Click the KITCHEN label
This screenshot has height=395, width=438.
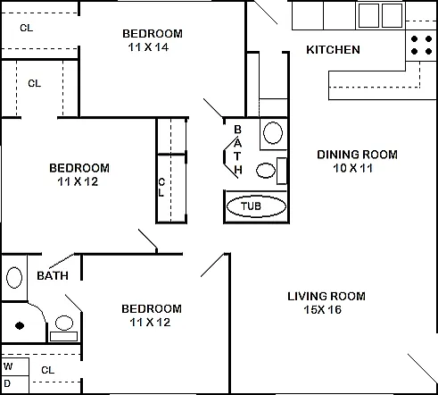pyautogui.click(x=333, y=50)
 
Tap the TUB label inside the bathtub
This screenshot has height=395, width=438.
pyautogui.click(x=251, y=206)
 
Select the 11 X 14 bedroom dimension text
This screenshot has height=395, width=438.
pyautogui.click(x=148, y=47)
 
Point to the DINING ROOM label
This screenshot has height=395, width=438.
pyautogui.click(x=357, y=155)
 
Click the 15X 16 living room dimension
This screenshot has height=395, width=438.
pyautogui.click(x=323, y=309)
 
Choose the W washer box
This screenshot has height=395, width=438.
pyautogui.click(x=15, y=366)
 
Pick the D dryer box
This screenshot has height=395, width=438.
pyautogui.click(x=15, y=384)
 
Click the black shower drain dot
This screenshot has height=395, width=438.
pyautogui.click(x=20, y=325)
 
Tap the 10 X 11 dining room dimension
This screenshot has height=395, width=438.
pyautogui.click(x=352, y=168)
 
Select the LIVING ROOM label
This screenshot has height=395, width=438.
pyautogui.click(x=326, y=297)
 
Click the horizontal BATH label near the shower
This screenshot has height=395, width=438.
pyautogui.click(x=53, y=276)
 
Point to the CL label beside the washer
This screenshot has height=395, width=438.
pyautogui.click(x=48, y=370)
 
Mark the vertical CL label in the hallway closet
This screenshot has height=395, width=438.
pyautogui.click(x=161, y=188)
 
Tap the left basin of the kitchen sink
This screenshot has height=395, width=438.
pyautogui.click(x=368, y=15)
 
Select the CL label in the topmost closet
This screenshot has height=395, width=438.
pyautogui.click(x=27, y=28)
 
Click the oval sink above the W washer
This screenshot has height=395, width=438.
pyautogui.click(x=14, y=278)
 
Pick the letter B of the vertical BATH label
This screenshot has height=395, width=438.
pyautogui.click(x=237, y=130)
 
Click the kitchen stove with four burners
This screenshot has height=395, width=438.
pyautogui.click(x=421, y=45)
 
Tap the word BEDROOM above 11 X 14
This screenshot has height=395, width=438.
pyautogui.click(x=153, y=34)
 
